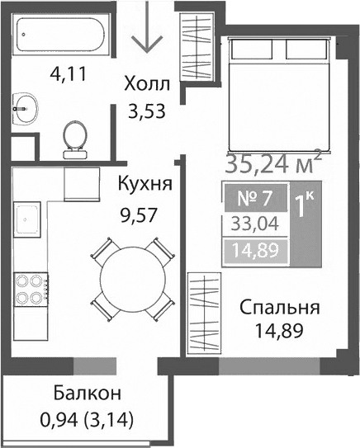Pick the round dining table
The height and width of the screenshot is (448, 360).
point(132,276)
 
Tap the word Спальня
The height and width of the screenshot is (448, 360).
point(279,309)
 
